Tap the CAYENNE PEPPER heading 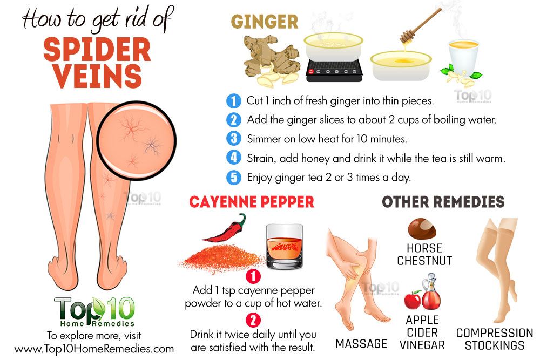251,202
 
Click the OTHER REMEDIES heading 443,202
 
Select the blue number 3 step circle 233,138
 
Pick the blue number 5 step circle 233,176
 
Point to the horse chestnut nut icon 424,228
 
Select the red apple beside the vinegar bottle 413,299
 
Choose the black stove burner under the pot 334,72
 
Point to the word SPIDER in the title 97,50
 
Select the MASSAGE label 361,344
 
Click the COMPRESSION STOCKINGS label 494,339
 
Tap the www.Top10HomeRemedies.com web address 94,349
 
